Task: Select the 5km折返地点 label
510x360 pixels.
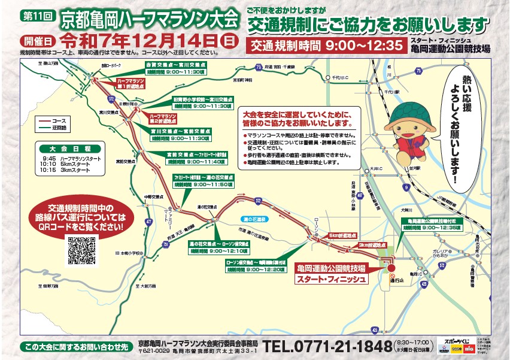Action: tap(341, 236)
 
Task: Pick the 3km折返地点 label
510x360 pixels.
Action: tap(369, 245)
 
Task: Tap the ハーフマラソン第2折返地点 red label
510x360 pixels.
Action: tap(162, 115)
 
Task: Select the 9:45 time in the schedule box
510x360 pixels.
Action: tap(49, 159)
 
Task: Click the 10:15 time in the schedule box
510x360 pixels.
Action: tap(49, 170)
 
